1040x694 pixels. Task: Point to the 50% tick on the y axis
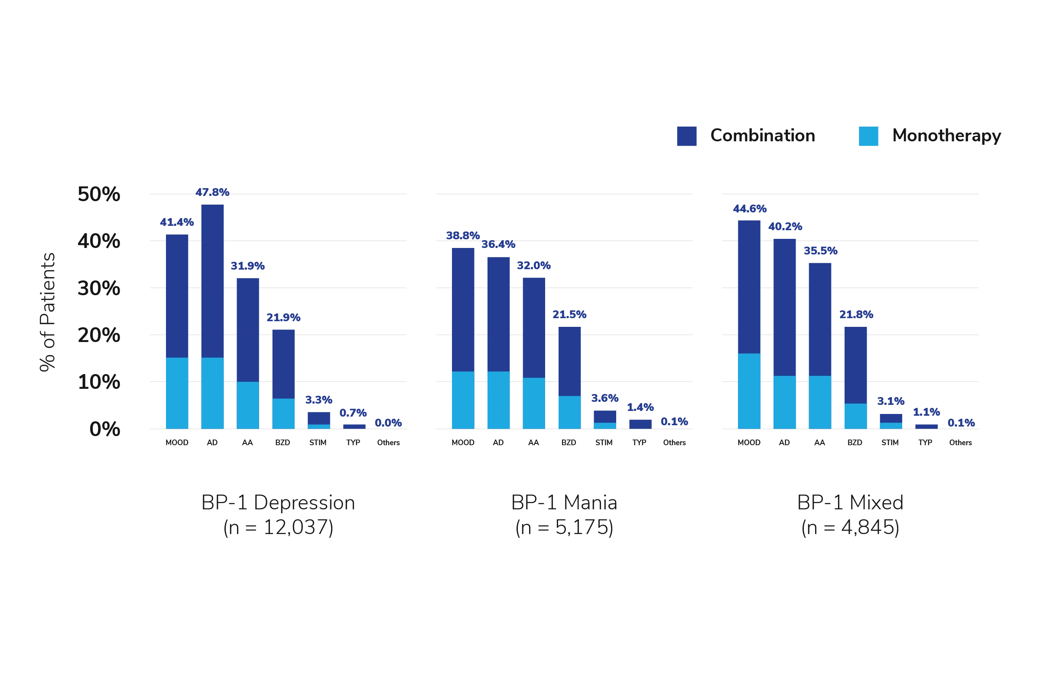(x=98, y=193)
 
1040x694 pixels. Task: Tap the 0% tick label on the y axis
(x=105, y=428)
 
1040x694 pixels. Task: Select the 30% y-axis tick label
(x=98, y=288)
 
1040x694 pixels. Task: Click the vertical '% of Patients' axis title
(x=47, y=312)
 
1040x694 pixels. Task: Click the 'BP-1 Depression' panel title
(x=278, y=502)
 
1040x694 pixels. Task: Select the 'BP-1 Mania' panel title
(x=563, y=502)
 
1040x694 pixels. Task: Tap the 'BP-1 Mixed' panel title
(x=850, y=502)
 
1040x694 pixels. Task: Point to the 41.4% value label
(x=176, y=222)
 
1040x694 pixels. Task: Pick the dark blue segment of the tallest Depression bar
(x=213, y=280)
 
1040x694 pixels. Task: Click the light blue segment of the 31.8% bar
(x=248, y=405)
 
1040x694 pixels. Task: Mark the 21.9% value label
(x=283, y=317)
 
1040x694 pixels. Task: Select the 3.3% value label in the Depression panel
(x=318, y=400)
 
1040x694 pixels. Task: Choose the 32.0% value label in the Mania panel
(x=534, y=266)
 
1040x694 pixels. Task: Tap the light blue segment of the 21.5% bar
(x=570, y=412)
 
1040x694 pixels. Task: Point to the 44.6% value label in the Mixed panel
(x=750, y=209)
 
